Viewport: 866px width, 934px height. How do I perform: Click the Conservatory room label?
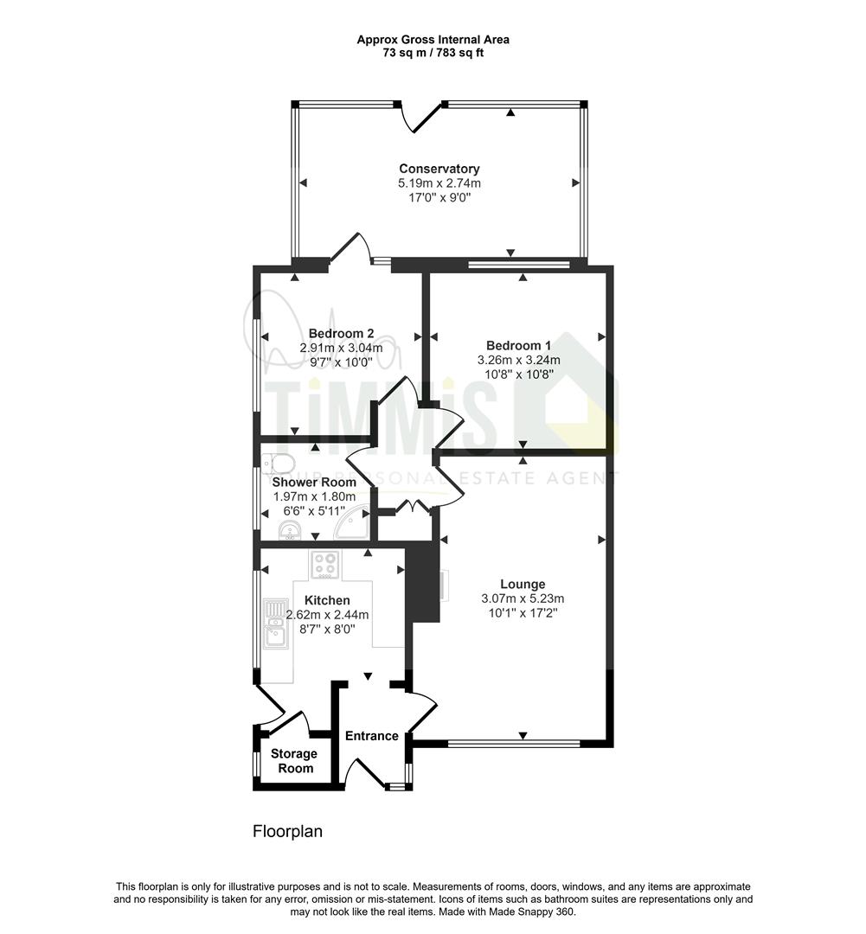pyautogui.click(x=439, y=169)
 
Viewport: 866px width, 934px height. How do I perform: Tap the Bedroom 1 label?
pyautogui.click(x=518, y=345)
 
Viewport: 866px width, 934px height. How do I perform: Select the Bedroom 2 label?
pyautogui.click(x=341, y=334)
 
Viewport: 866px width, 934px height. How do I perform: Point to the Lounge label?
pyautogui.click(x=523, y=585)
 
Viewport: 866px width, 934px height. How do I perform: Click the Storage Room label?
pyautogui.click(x=294, y=761)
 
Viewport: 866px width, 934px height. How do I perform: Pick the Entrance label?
pyautogui.click(x=372, y=736)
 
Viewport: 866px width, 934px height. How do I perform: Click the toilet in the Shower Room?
pyautogui.click(x=278, y=464)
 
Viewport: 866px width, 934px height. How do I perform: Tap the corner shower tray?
pyautogui.click(x=351, y=521)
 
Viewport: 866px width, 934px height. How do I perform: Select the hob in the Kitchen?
pyautogui.click(x=325, y=564)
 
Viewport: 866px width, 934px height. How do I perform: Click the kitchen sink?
pyautogui.click(x=275, y=623)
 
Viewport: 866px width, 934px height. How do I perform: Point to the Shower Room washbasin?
pyautogui.click(x=291, y=529)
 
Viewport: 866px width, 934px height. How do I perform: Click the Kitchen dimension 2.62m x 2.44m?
pyautogui.click(x=327, y=615)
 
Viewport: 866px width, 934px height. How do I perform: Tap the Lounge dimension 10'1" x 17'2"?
pyautogui.click(x=523, y=613)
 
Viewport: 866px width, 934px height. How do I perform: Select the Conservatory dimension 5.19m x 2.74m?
pyautogui.click(x=439, y=183)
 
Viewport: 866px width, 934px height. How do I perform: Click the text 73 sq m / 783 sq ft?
pyautogui.click(x=433, y=53)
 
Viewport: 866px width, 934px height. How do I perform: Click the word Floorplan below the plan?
pyautogui.click(x=287, y=831)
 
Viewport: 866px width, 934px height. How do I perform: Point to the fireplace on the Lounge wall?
pyautogui.click(x=444, y=584)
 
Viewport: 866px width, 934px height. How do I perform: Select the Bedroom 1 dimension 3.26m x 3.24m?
pyautogui.click(x=518, y=360)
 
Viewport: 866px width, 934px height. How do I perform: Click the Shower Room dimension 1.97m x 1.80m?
pyautogui.click(x=314, y=496)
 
